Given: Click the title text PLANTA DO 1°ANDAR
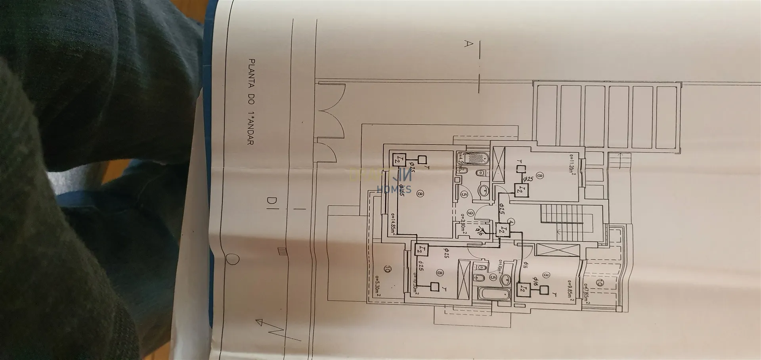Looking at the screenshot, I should click(251, 102).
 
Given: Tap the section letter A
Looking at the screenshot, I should click(468, 44).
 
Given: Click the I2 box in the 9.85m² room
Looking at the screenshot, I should click(523, 289).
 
